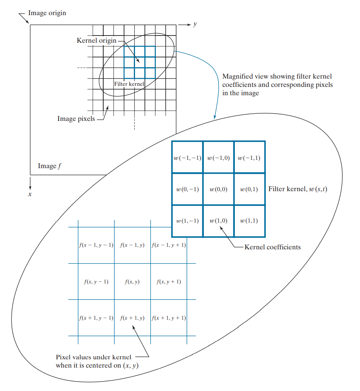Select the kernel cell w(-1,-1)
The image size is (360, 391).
coord(187,158)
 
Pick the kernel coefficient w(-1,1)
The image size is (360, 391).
coord(249,158)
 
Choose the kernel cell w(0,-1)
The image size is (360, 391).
coord(187,189)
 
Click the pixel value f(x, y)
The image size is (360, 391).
coord(132,281)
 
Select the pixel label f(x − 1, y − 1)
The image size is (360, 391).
coord(96,245)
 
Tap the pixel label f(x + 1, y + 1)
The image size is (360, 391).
coord(169,318)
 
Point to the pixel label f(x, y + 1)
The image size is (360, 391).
coord(169,281)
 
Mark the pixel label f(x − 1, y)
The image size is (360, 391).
coord(132,245)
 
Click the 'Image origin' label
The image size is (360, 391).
coord(47,13)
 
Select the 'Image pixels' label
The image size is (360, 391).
coord(76,119)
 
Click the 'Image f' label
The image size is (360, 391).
coord(50,166)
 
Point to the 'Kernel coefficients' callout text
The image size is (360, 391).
coord(273,247)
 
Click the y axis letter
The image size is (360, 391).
coord(195,24)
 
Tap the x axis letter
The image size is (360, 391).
coord(30,194)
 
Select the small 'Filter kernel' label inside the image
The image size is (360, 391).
coord(129,84)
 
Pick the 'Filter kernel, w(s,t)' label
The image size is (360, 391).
coord(298,189)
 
